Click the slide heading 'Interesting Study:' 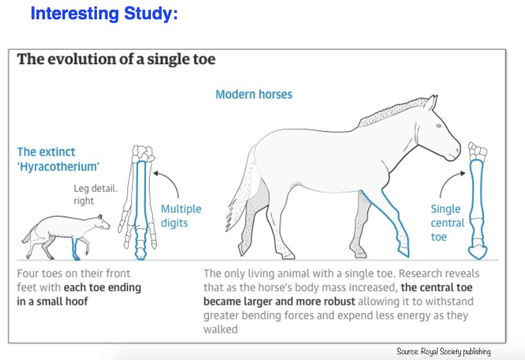[104, 14]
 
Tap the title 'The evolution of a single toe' [116, 59]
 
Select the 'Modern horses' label [254, 94]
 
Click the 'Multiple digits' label [181, 215]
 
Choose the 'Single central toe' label [447, 222]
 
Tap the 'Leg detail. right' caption [96, 194]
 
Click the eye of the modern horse [439, 126]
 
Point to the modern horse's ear [431, 102]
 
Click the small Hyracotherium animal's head [102, 222]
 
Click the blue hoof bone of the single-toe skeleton [477, 251]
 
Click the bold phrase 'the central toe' [436, 287]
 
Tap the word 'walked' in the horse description [220, 329]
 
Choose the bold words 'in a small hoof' [52, 301]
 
